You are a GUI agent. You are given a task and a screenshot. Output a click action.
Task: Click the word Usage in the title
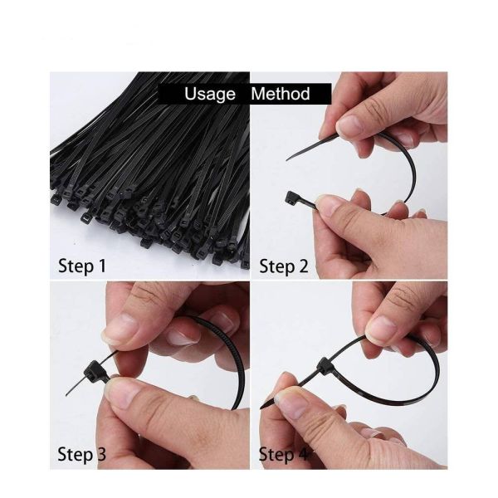point(210,94)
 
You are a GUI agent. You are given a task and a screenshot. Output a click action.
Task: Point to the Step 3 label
point(82,454)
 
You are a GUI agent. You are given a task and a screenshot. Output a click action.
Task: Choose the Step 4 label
point(283,454)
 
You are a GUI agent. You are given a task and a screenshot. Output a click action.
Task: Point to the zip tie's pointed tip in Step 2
point(290,158)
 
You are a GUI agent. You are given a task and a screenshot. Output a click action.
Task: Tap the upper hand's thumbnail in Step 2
point(349,125)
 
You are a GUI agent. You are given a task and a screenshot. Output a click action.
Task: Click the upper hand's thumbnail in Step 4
point(381,330)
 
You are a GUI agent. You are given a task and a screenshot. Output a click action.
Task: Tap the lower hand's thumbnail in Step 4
point(290,403)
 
